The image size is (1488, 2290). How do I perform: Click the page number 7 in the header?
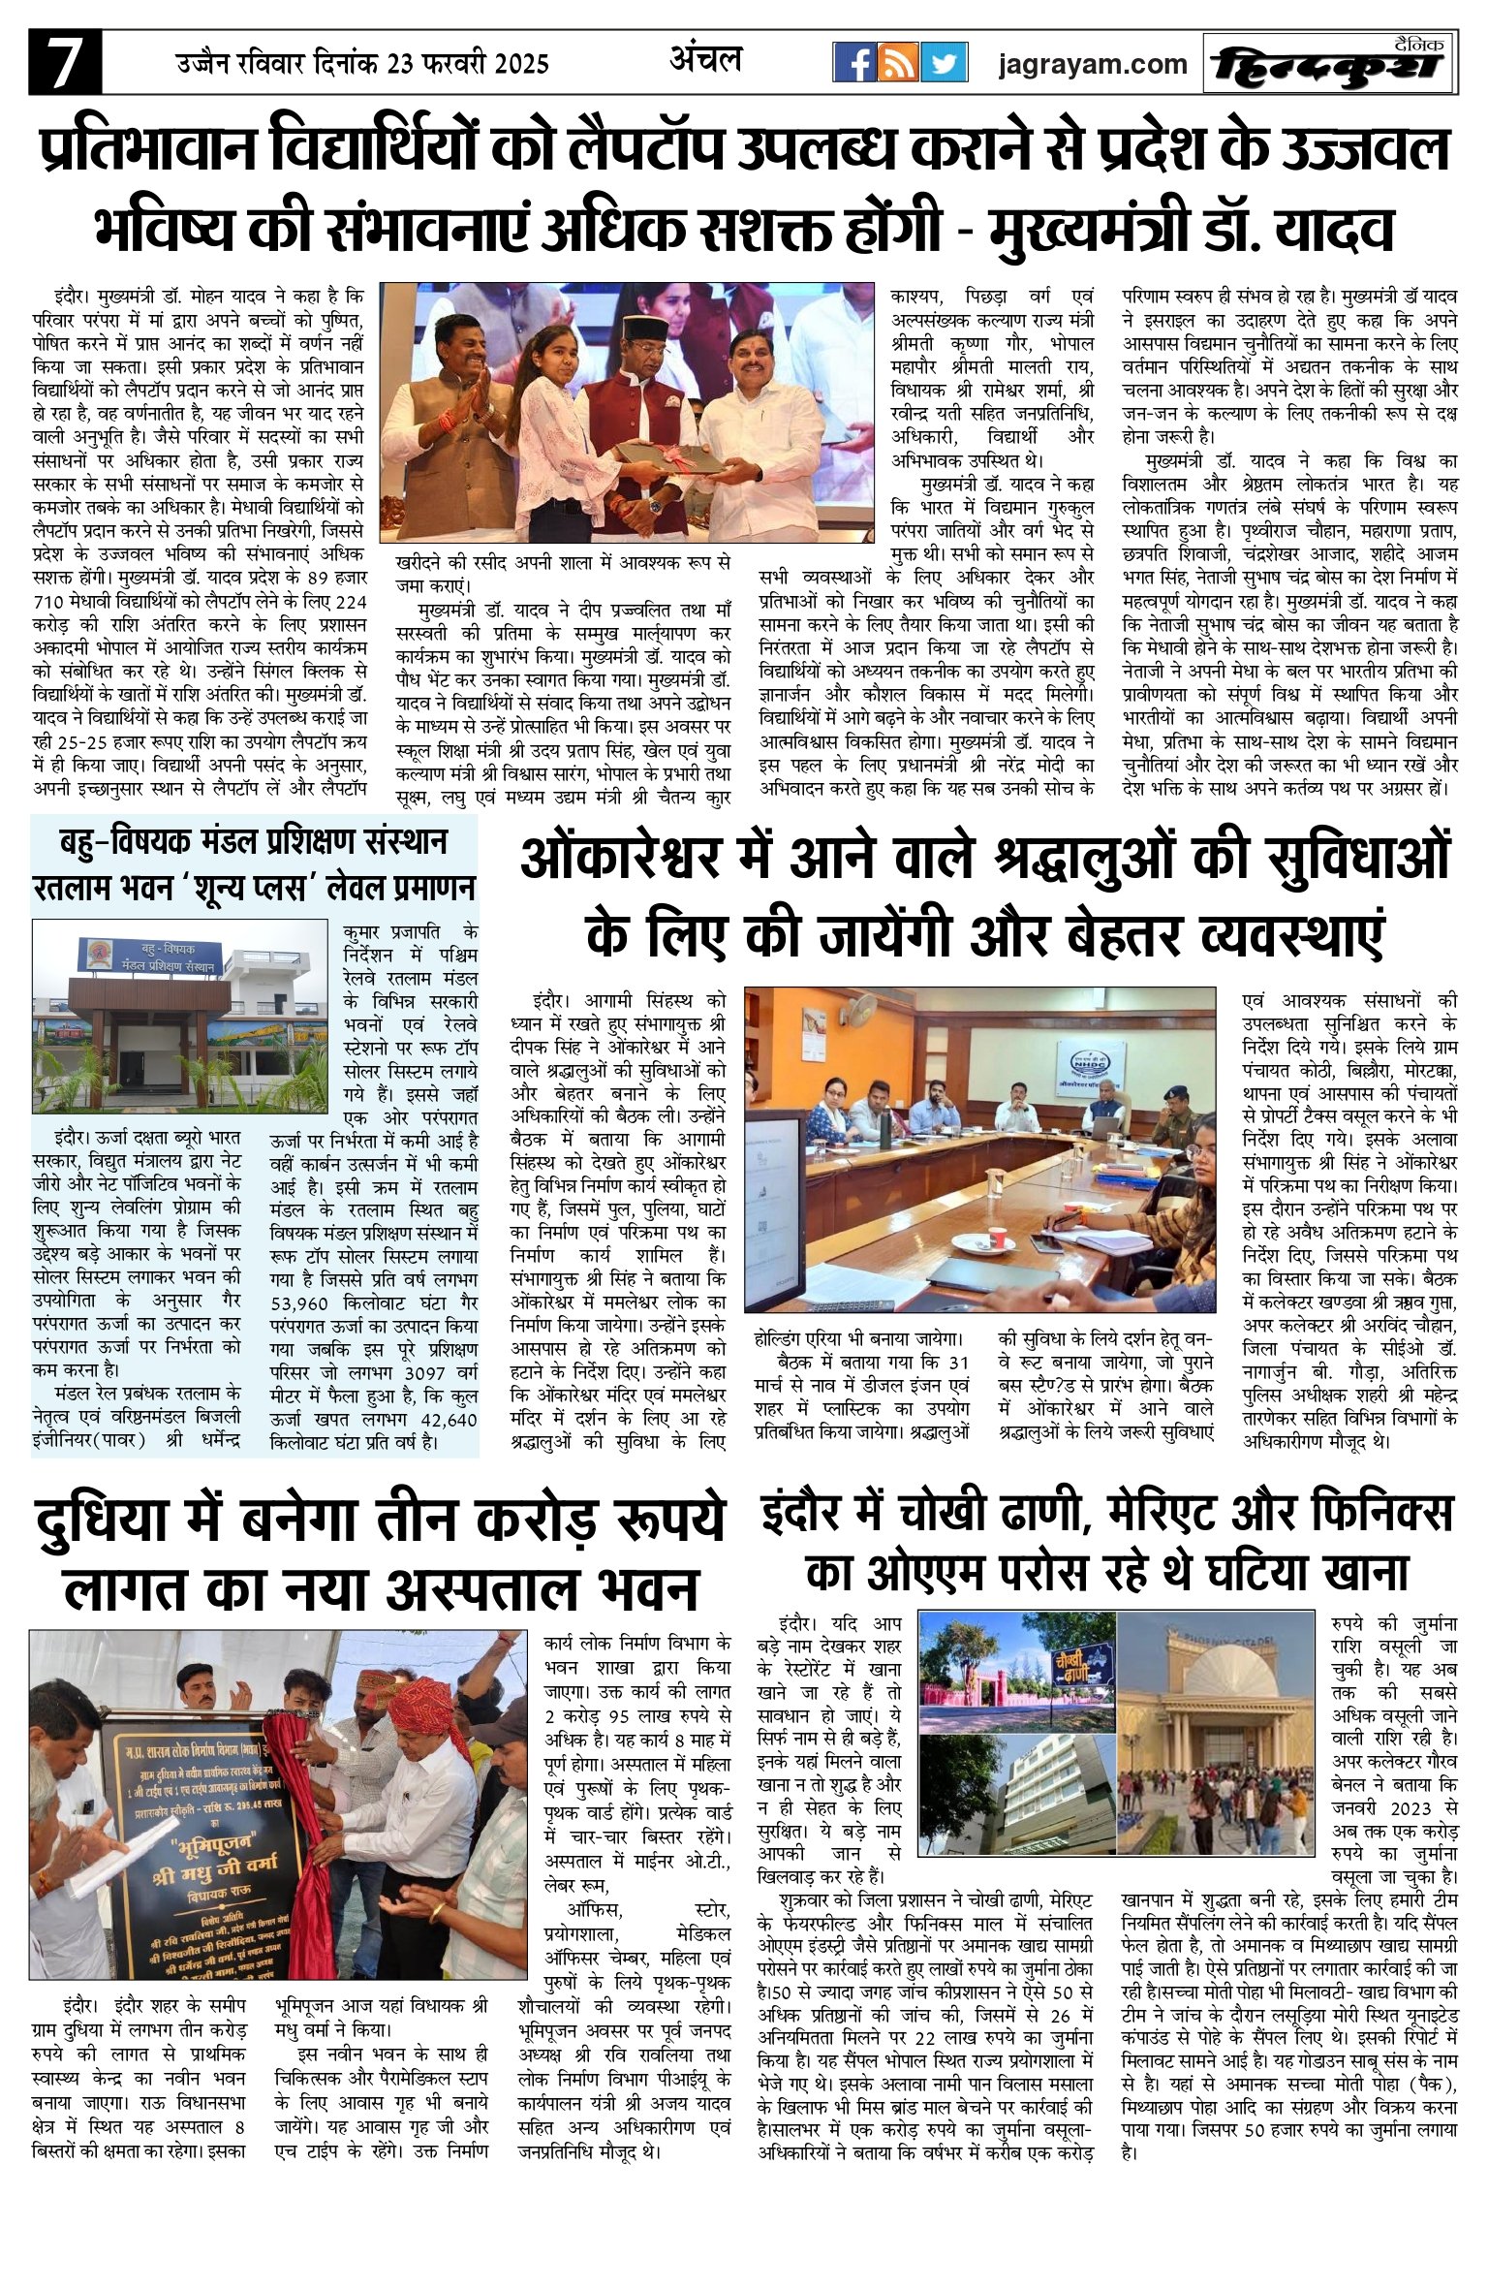tap(65, 63)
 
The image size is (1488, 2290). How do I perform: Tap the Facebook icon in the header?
tap(854, 63)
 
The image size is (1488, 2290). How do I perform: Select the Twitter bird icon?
tap(944, 63)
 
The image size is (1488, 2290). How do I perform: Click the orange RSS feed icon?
tap(898, 63)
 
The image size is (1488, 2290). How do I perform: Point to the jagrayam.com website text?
tap(1092, 64)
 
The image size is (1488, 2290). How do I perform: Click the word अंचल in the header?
tap(705, 59)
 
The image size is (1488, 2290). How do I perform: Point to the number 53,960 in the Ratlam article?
tap(299, 1304)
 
